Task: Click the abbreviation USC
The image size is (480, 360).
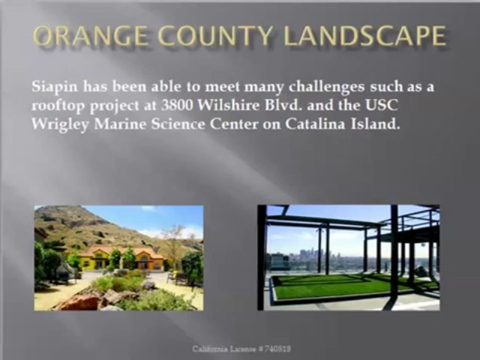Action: coord(382,105)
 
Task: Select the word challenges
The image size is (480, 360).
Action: coord(326,87)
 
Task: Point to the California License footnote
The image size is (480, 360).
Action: coord(241,348)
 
